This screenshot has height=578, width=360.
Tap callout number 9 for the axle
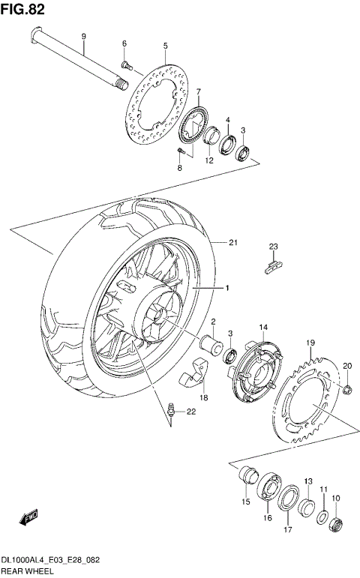pyautogui.click(x=83, y=37)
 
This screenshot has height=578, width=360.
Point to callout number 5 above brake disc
pyautogui.click(x=165, y=46)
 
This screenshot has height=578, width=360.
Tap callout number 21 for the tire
pyautogui.click(x=233, y=241)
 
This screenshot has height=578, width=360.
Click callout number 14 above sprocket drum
pyautogui.click(x=263, y=328)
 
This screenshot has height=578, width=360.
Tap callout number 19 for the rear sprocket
pyautogui.click(x=309, y=343)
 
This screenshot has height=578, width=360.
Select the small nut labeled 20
pyautogui.click(x=347, y=388)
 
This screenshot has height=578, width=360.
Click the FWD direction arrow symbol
pyautogui.click(x=30, y=518)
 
